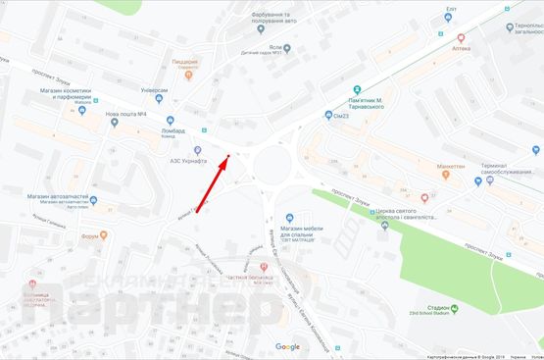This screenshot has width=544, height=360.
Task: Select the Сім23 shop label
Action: pos(344,115)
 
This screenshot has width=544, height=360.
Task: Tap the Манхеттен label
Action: pos(451,167)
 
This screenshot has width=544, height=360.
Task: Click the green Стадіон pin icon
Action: pos(468,309)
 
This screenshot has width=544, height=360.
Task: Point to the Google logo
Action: pos(287,346)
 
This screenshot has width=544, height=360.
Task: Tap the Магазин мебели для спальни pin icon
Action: pos(288,218)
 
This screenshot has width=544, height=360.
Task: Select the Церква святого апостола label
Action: pos(421,211)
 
